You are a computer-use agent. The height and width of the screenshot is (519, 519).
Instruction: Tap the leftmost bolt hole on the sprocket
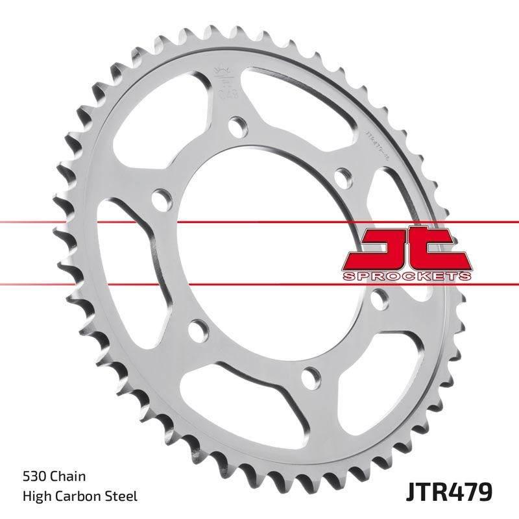pos(158,197)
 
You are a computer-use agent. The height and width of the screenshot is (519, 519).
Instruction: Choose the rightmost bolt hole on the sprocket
pos(381,297)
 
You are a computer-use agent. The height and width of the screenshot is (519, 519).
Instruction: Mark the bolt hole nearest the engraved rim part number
pos(341,176)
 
